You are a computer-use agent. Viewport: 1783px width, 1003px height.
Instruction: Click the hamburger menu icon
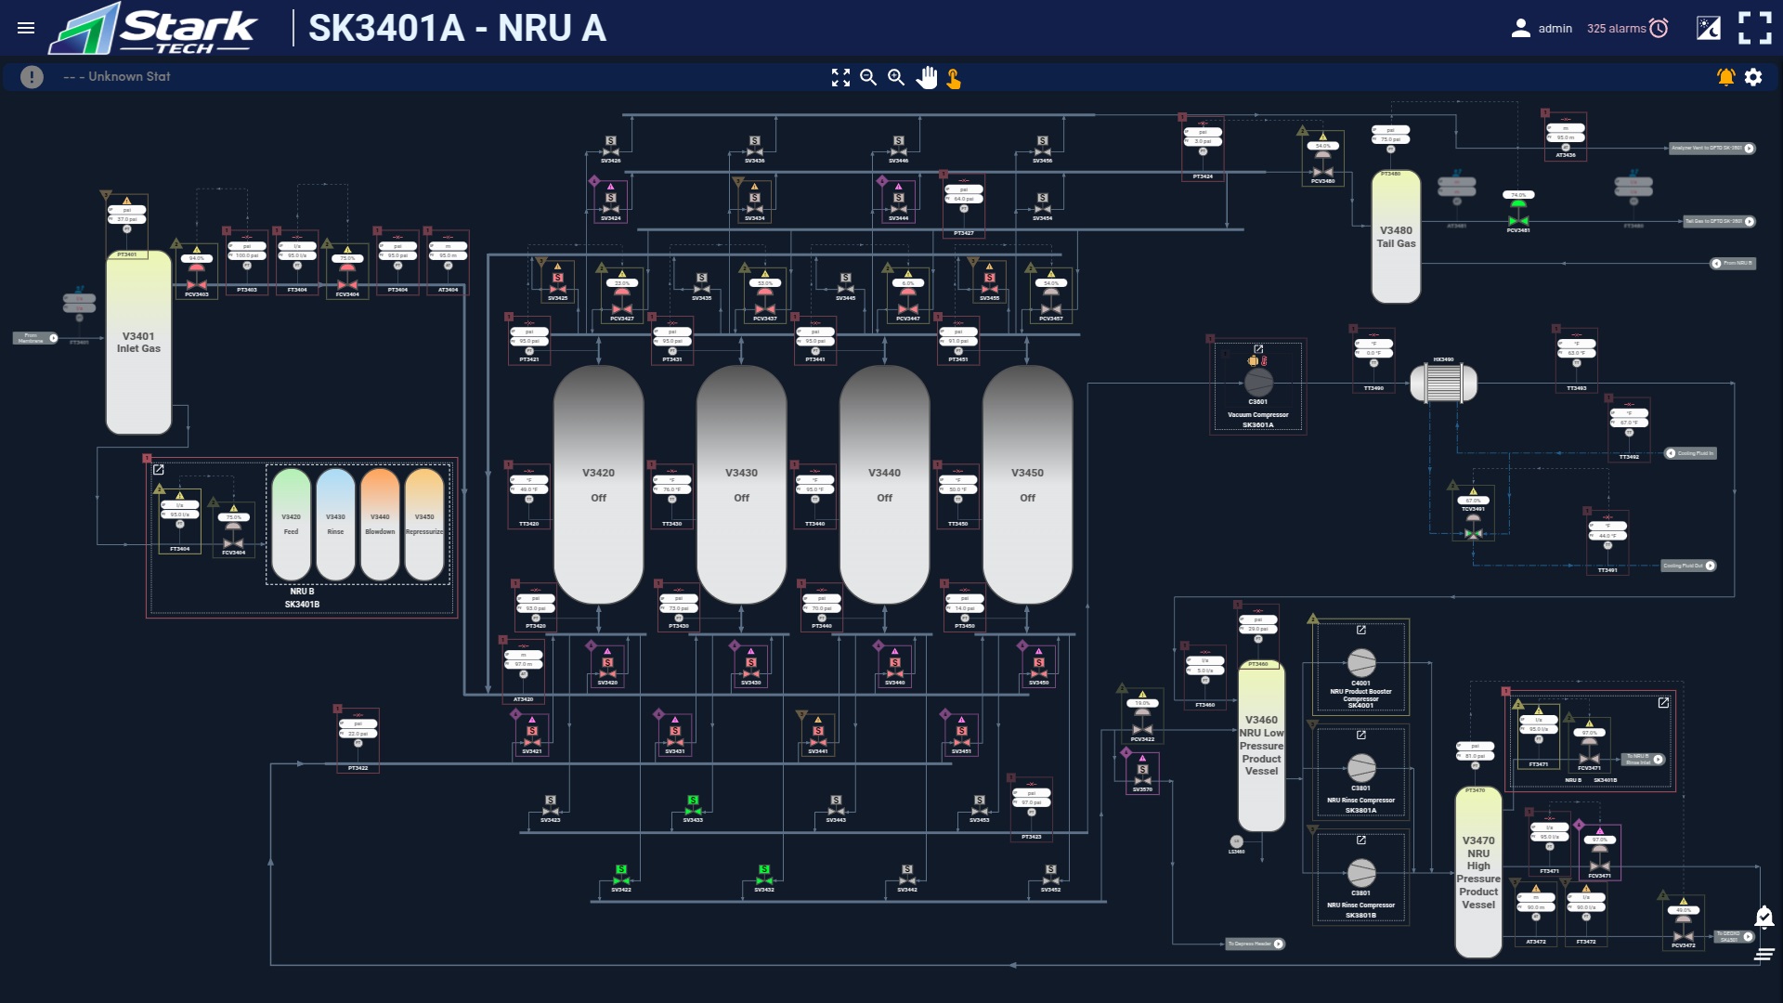click(26, 28)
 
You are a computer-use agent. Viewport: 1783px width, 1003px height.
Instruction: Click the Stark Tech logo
click(154, 29)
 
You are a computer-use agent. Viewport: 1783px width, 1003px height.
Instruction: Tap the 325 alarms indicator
click(1627, 29)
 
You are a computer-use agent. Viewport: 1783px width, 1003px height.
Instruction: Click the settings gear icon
click(1753, 77)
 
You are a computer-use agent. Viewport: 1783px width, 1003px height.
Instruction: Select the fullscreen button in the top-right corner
click(1754, 28)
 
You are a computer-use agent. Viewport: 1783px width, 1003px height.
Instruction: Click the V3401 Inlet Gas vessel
click(138, 343)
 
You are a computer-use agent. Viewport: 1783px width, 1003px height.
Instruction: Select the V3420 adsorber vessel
click(598, 484)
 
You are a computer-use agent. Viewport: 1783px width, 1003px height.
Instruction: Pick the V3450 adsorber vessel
click(1027, 484)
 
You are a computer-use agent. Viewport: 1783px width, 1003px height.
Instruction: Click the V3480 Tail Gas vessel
click(1396, 237)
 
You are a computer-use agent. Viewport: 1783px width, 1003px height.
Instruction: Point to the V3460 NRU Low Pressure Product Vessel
click(1261, 746)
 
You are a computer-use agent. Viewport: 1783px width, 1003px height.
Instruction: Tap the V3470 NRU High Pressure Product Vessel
click(1477, 873)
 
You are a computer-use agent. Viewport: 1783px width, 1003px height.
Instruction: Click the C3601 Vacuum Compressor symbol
click(1258, 382)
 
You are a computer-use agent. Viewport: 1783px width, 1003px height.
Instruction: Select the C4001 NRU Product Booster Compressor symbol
click(1360, 663)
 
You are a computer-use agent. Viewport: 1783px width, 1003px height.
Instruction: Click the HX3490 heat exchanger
click(1443, 382)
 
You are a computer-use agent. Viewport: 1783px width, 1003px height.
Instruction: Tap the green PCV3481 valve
click(1518, 219)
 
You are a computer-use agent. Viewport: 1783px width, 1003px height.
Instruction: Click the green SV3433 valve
click(693, 810)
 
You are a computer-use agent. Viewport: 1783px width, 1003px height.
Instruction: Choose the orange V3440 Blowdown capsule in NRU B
click(380, 525)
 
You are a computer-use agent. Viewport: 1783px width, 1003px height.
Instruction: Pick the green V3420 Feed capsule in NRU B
click(291, 525)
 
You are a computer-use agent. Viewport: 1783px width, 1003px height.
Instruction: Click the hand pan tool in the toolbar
click(926, 78)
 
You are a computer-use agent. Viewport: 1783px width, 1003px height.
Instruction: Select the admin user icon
click(1520, 29)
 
